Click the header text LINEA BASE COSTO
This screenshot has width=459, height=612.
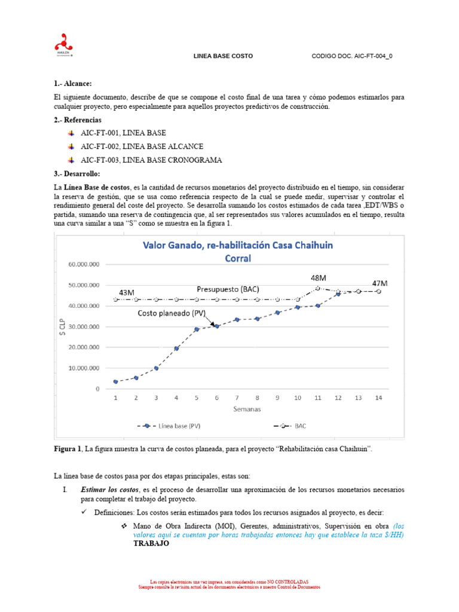point(224,56)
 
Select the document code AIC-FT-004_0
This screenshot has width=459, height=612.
point(353,56)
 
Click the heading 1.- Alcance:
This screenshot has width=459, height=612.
point(73,84)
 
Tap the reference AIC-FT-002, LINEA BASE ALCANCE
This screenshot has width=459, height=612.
point(142,146)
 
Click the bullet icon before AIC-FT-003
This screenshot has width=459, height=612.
point(71,160)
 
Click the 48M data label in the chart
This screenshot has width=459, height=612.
point(317,278)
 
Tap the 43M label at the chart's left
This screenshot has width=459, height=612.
point(127,292)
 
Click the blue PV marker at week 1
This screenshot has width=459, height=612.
point(115,381)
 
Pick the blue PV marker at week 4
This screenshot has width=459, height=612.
point(176,348)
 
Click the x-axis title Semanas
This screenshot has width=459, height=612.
point(246,409)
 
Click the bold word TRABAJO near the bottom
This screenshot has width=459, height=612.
point(151,545)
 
